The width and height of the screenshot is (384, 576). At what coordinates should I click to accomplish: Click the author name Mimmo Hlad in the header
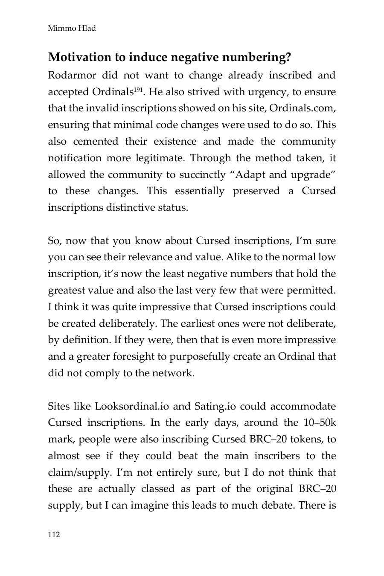pyautogui.click(x=72, y=29)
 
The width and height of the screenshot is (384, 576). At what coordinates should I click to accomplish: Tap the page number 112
pyautogui.click(x=54, y=535)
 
